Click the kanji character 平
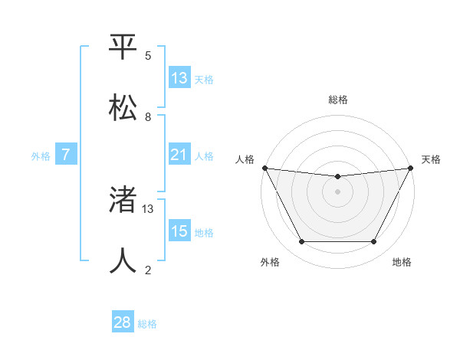click(x=123, y=47)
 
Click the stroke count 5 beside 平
click(x=148, y=56)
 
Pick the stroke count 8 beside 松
click(x=148, y=117)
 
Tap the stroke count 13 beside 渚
click(x=148, y=208)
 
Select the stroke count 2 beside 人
click(x=148, y=270)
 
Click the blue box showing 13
click(x=179, y=78)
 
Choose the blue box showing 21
click(x=179, y=155)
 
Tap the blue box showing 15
click(x=179, y=231)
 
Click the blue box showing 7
click(x=66, y=155)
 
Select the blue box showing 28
click(x=123, y=322)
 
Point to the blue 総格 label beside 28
click(x=147, y=324)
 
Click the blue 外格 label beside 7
click(x=41, y=156)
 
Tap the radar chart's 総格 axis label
click(x=337, y=100)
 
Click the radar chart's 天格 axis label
click(x=431, y=159)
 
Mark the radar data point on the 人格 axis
click(x=264, y=168)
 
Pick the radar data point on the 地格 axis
click(x=374, y=242)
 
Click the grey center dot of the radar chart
click(x=337, y=191)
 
